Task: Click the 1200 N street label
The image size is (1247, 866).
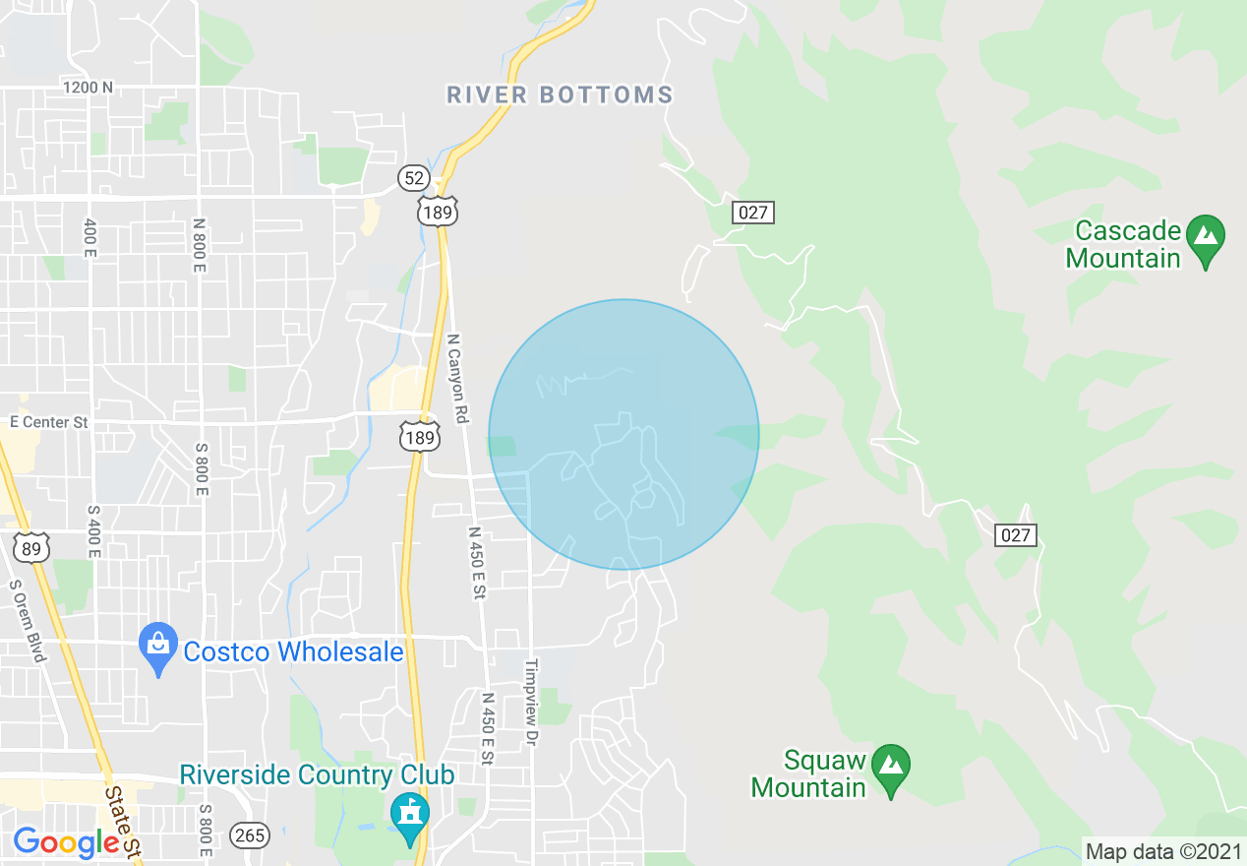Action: pos(88,87)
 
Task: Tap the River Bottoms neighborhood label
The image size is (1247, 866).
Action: pos(560,94)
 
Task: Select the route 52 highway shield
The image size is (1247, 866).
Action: pos(414,177)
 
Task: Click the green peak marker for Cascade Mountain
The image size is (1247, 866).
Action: pos(1205,240)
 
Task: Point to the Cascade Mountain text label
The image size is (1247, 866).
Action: pos(1127,245)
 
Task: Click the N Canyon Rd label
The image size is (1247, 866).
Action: pos(455,378)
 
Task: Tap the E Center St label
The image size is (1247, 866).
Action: pos(48,422)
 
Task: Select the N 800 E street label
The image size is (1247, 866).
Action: pos(200,245)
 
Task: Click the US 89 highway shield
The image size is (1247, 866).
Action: pos(32,548)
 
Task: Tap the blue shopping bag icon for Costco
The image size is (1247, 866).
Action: pos(158,648)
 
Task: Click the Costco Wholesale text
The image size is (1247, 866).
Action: pos(293,651)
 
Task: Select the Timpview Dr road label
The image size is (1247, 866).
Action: pos(532,701)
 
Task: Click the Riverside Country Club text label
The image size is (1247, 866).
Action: pos(317,774)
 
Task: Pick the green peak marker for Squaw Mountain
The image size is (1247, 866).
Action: pos(891,766)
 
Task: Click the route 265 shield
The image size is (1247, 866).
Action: pos(250,835)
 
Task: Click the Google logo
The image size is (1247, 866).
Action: pos(66,842)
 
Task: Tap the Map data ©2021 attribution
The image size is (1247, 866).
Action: pos(1163,850)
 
